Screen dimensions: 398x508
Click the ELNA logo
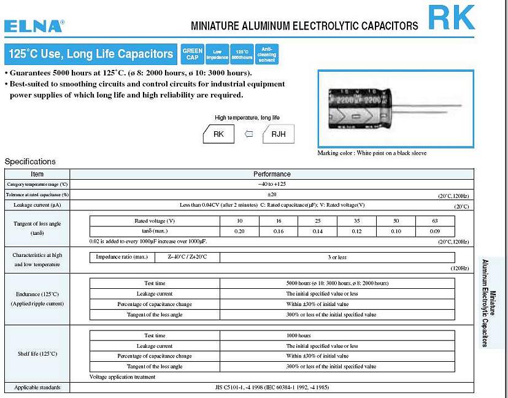point(34,26)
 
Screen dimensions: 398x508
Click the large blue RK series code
point(452,18)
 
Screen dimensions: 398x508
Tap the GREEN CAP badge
point(193,54)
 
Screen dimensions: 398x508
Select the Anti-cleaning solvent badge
point(267,54)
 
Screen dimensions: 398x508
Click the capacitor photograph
point(396,109)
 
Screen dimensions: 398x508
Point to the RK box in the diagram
point(218,134)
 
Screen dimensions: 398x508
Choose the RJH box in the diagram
point(278,134)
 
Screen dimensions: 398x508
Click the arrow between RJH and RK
point(248,134)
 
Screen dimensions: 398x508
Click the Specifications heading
point(30,161)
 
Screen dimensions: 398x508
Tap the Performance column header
point(272,174)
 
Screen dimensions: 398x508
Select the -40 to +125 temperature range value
point(272,184)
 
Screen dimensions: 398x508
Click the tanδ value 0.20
point(240,231)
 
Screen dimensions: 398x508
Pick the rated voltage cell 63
point(434,221)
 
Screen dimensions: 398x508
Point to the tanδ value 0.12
point(356,231)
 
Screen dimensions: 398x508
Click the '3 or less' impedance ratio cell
point(337,258)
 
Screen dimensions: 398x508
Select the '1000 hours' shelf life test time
point(299,335)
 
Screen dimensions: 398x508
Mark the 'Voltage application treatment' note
point(122,377)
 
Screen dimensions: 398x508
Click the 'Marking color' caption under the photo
point(372,153)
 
